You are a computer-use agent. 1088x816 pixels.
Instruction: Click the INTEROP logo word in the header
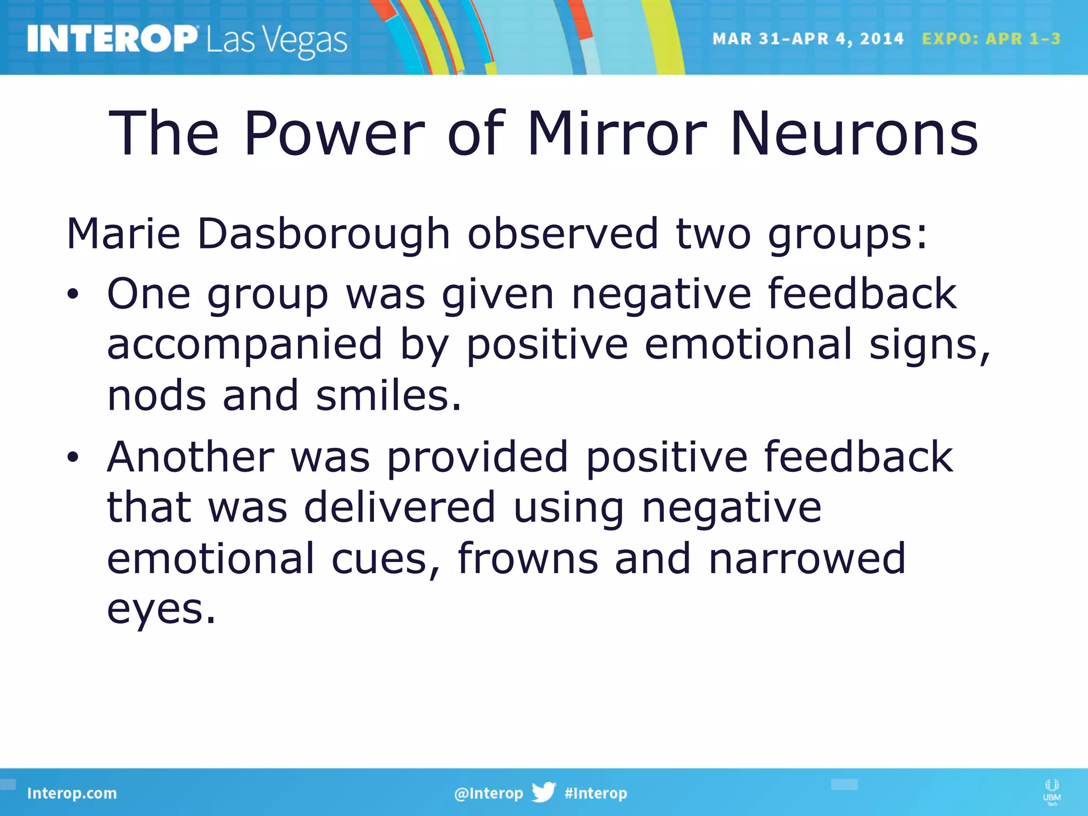point(112,39)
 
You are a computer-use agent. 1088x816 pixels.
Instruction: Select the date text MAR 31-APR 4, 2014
point(807,39)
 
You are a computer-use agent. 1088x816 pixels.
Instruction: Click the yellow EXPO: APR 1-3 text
point(991,39)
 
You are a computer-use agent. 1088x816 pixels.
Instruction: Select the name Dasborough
point(324,234)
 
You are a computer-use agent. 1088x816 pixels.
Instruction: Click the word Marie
point(123,234)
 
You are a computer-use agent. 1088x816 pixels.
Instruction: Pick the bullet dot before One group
point(73,294)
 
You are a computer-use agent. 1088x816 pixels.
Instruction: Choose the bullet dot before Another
point(73,457)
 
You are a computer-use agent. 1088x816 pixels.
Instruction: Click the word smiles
point(388,396)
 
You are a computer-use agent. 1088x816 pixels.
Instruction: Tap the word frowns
point(528,559)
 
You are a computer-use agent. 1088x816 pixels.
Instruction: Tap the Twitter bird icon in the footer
point(543,792)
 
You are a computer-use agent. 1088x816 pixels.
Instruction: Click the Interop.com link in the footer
point(72,793)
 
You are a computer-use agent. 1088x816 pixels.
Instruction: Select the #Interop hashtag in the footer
point(596,793)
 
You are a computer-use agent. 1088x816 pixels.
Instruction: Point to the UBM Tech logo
point(1051,791)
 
